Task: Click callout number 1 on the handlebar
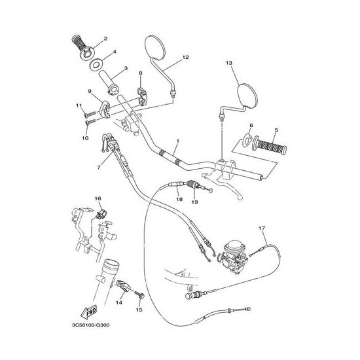point(177,141)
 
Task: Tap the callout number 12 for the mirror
point(185,57)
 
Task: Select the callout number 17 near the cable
point(262,228)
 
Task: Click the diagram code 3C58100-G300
point(91,325)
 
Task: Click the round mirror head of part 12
point(155,48)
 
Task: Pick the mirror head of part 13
point(249,96)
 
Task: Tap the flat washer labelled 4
point(96,64)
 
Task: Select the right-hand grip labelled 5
point(270,145)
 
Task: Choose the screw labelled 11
point(90,114)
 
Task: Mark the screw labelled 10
point(91,122)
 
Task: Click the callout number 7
point(99,168)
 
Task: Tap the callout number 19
point(194,202)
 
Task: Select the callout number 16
point(98,198)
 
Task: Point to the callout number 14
point(119,302)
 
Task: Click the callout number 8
point(141,73)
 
